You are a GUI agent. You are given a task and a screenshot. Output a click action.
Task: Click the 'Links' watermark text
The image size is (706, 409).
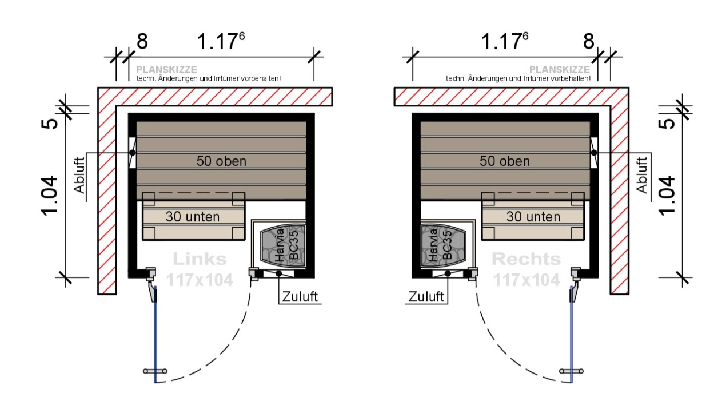click(200, 259)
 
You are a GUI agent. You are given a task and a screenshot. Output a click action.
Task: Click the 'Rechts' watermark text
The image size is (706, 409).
click(526, 259)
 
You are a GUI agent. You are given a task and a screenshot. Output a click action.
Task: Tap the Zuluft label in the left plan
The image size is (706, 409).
click(300, 297)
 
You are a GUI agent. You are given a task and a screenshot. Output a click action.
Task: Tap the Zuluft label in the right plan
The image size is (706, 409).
click(426, 297)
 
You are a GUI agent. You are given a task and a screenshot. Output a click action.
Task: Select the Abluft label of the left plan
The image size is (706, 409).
click(79, 176)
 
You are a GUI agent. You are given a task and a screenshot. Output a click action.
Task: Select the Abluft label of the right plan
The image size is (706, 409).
click(642, 176)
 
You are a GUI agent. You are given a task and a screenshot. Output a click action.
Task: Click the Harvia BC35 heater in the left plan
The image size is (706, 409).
click(283, 245)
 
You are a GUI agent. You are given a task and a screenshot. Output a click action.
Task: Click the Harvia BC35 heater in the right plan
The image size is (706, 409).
click(444, 245)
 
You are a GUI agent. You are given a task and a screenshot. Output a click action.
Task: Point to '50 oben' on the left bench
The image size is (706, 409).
click(221, 161)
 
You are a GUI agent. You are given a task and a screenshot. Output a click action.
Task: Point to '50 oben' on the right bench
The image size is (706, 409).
click(505, 161)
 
